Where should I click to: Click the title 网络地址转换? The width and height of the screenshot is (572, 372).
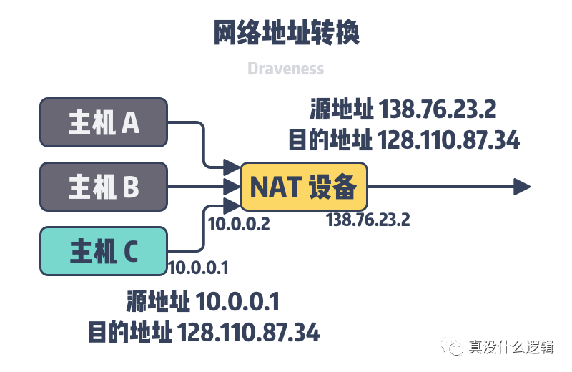(287, 32)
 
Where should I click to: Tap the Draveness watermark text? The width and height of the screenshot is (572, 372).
(285, 68)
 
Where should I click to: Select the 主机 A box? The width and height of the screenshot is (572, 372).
(104, 122)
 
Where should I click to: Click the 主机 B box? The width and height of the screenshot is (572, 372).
(104, 187)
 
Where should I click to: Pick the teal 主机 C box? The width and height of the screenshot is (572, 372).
(104, 251)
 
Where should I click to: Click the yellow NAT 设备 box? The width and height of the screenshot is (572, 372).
(303, 187)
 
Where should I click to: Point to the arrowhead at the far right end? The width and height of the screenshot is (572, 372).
(522, 187)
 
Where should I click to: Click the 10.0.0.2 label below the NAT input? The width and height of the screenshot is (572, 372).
(239, 224)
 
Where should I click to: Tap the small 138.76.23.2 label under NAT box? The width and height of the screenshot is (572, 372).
(368, 220)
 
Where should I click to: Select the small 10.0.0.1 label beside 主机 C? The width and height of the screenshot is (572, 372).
(199, 268)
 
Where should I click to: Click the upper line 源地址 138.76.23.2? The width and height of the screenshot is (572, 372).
(403, 109)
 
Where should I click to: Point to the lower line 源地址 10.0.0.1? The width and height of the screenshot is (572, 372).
(203, 302)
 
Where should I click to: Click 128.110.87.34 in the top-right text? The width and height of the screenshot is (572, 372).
(448, 139)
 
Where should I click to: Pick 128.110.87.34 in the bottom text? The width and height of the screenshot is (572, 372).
(248, 332)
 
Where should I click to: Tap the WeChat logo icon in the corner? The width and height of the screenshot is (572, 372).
(452, 346)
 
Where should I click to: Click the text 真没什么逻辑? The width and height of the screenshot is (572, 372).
(511, 347)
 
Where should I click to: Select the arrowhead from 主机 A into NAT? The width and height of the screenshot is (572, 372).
(232, 167)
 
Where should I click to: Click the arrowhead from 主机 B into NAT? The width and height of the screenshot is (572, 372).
(232, 187)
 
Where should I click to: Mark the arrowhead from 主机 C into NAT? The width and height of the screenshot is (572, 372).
(232, 206)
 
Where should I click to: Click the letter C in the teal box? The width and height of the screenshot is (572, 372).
(131, 252)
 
